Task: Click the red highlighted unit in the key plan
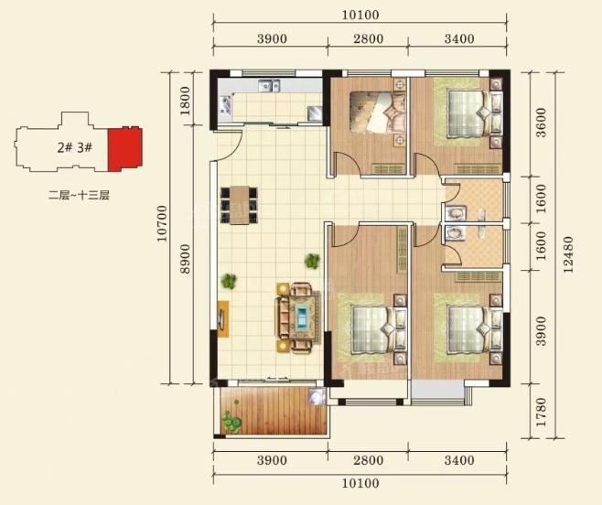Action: coord(124,149)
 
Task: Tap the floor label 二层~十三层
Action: coord(79,196)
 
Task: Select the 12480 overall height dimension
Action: coord(568,254)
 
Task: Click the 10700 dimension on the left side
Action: coord(163,223)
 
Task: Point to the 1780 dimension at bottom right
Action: coord(541,412)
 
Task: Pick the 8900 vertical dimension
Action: coord(185,259)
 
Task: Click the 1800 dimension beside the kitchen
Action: coord(185,101)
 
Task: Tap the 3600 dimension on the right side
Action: coord(541,123)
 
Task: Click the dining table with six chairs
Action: coord(239,205)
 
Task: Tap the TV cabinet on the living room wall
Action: coord(223,318)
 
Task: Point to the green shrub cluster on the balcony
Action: coord(231,421)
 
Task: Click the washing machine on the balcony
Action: coord(317,396)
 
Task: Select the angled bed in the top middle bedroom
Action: coord(378,112)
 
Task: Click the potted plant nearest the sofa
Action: coord(312,261)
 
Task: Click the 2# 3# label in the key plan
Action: coord(75,147)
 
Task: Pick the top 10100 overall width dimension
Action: coord(360,16)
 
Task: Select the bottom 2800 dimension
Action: coord(368,460)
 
